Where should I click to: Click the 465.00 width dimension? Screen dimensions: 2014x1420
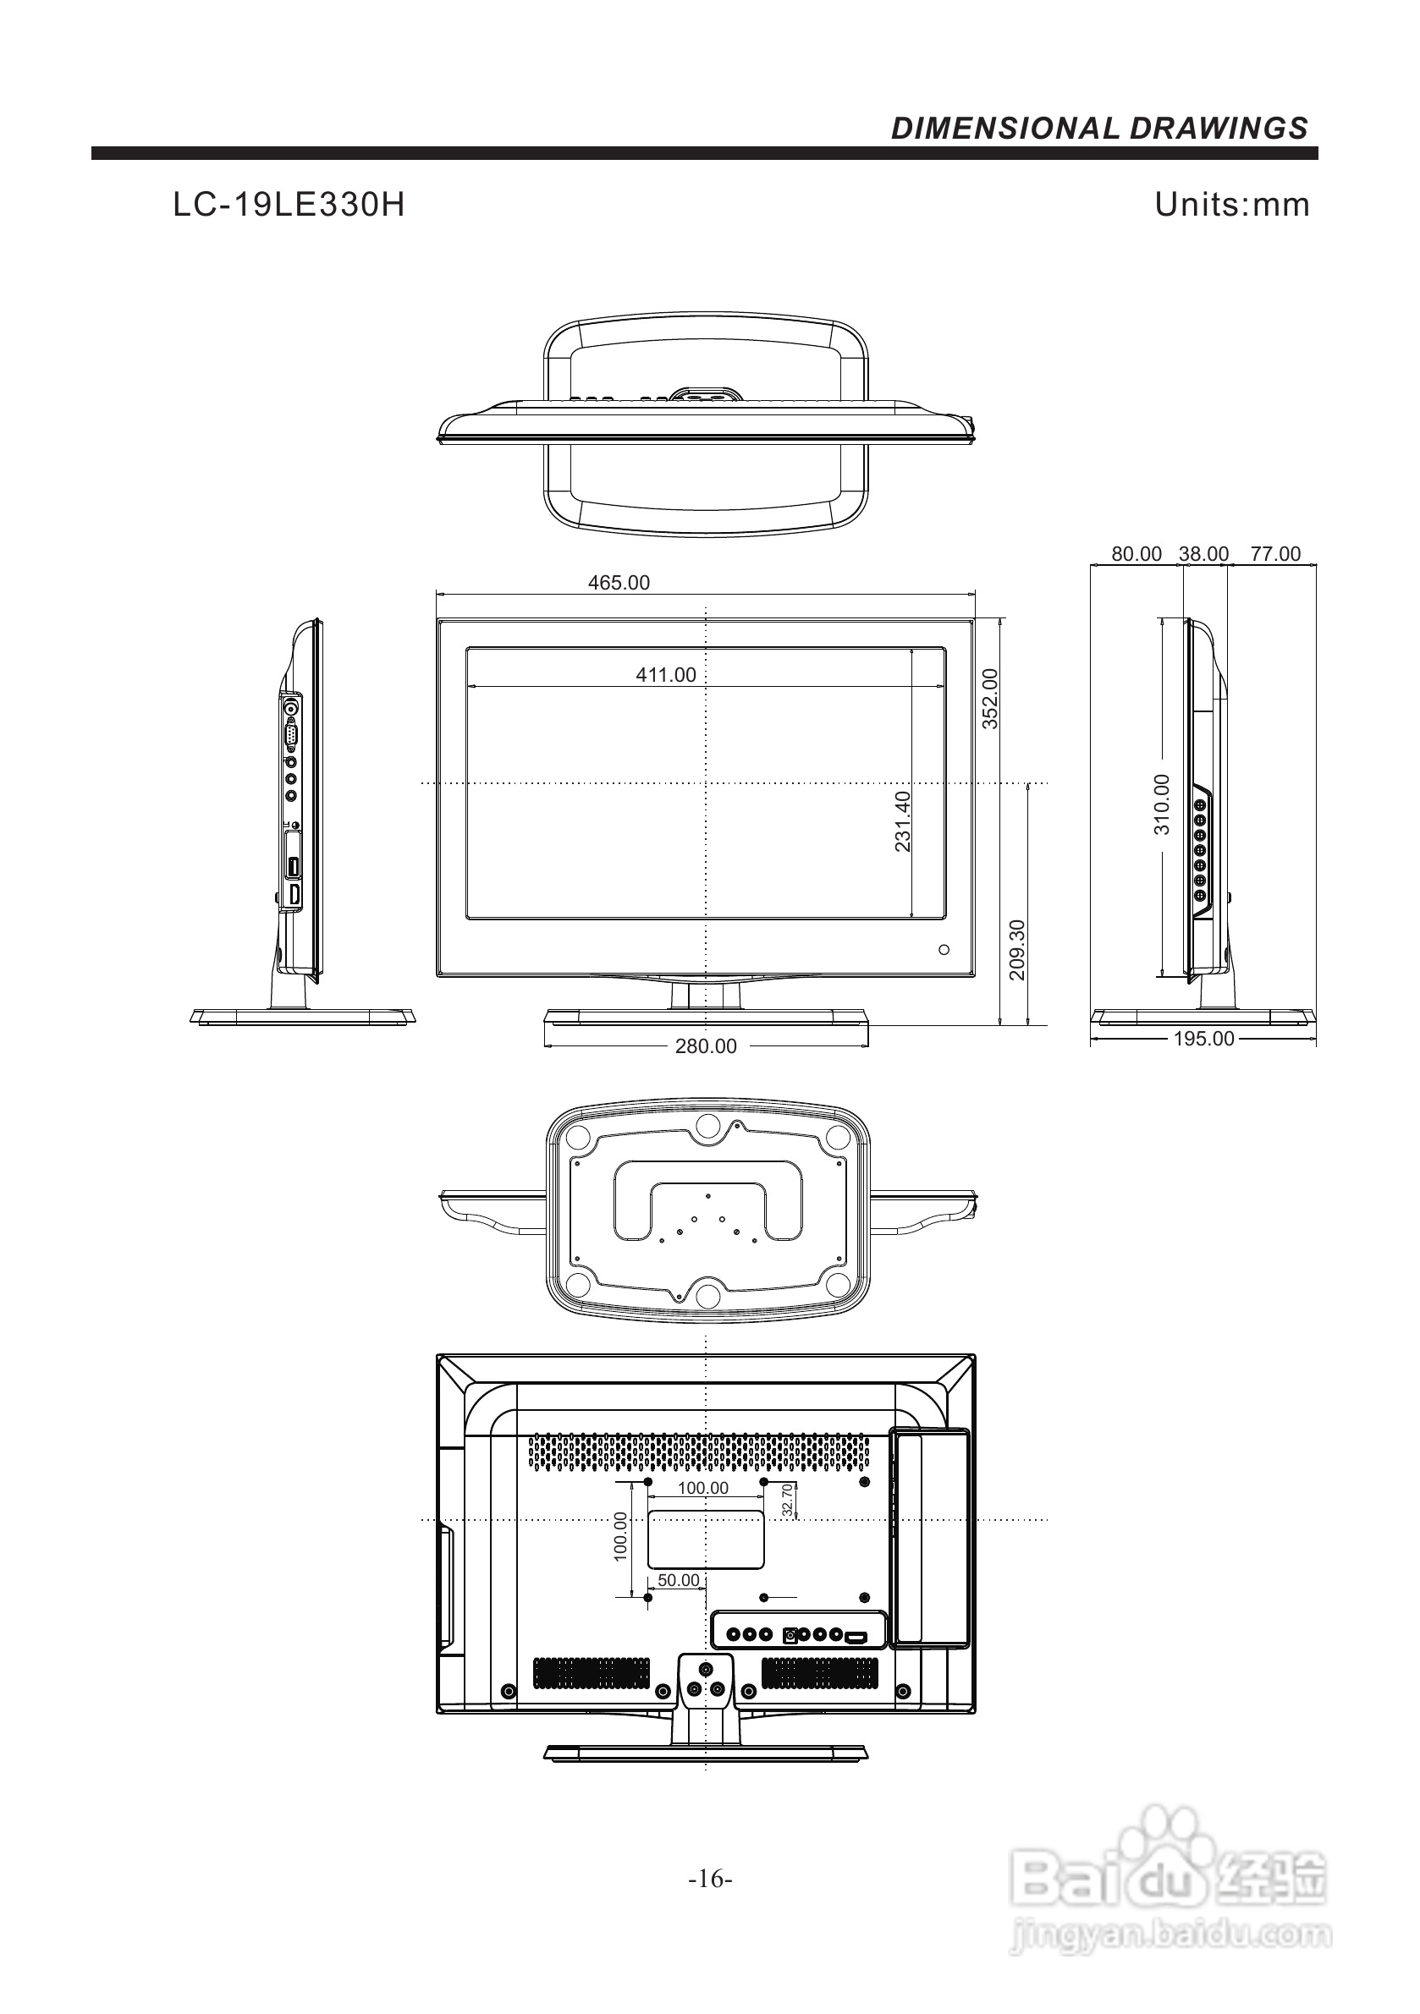[619, 583]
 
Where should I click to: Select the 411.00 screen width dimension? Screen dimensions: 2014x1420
[665, 674]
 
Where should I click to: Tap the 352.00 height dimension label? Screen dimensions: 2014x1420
[990, 698]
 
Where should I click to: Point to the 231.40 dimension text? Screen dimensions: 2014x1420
[903, 821]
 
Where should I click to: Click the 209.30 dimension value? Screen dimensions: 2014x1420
[1017, 950]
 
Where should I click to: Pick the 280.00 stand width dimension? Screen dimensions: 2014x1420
[706, 1045]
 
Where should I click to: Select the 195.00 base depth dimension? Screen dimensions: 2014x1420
[1203, 1039]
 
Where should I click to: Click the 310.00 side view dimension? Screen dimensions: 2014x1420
[1162, 804]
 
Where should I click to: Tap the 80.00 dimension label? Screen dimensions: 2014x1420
[1136, 553]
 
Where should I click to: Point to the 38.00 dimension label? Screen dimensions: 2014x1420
[1203, 553]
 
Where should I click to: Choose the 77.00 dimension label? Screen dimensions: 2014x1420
[1275, 553]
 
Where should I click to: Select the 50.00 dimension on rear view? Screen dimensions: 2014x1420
[679, 1580]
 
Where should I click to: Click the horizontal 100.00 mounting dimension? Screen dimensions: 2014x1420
[703, 1488]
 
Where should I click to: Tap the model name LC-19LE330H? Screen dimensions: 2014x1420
[289, 206]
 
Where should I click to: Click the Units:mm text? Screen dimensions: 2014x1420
[1231, 205]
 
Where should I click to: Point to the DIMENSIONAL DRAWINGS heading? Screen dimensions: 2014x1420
[1098, 129]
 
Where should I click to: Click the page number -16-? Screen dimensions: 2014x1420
[710, 1879]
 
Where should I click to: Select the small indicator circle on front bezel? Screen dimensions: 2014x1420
[944, 949]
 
